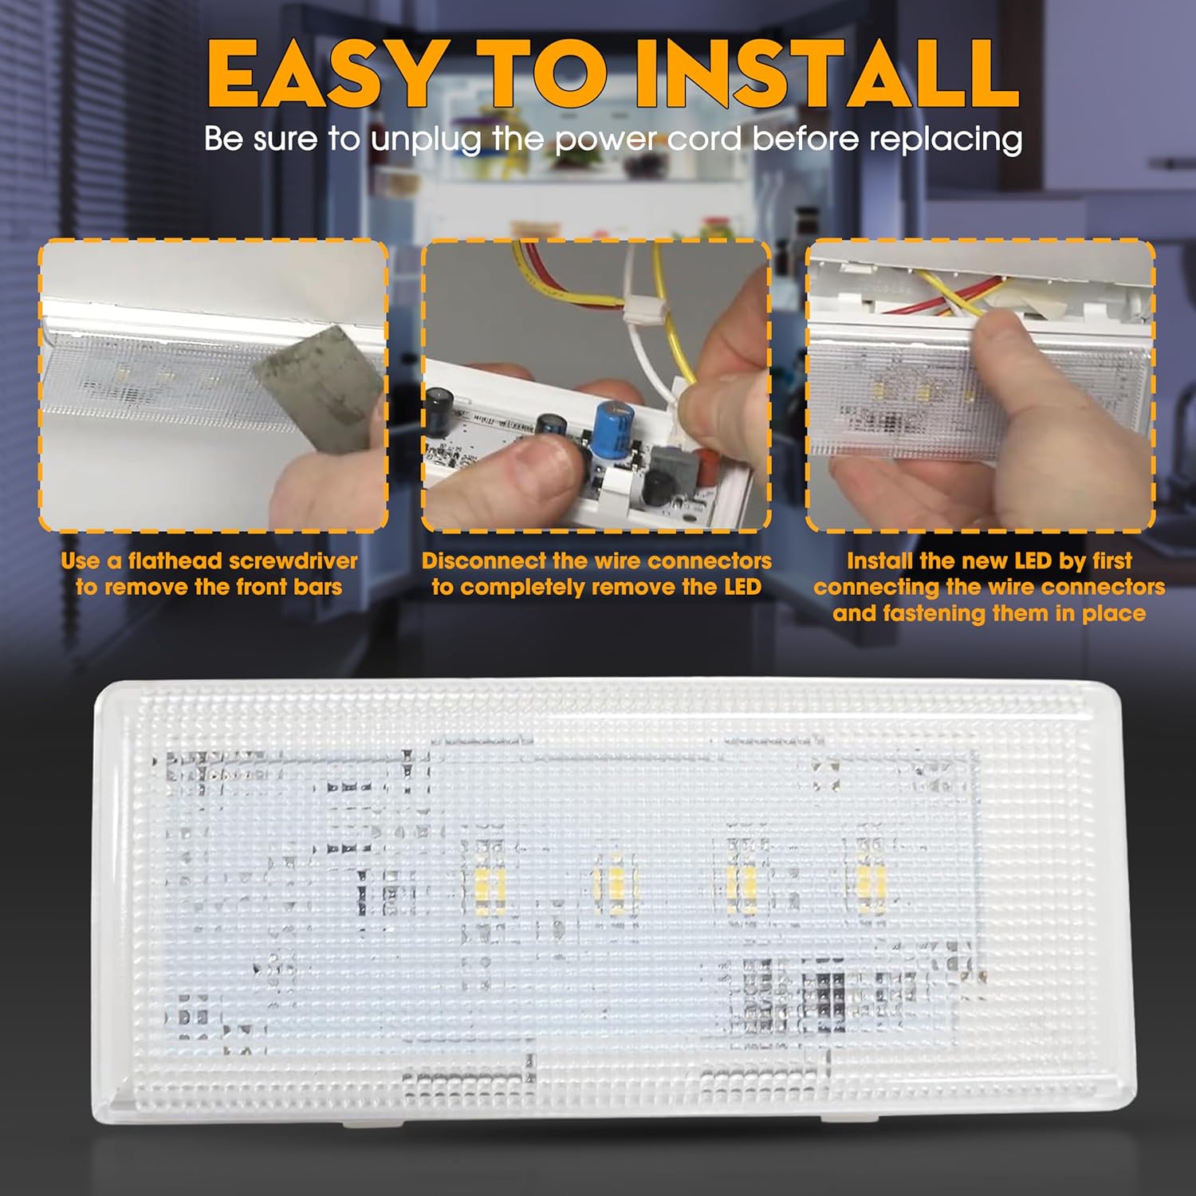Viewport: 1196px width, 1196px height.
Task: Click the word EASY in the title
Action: [x=325, y=73]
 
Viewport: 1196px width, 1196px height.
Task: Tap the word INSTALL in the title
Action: [x=826, y=73]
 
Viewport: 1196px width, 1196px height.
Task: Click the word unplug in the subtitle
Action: [x=426, y=140]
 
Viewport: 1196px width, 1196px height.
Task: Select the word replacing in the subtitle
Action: [x=945, y=140]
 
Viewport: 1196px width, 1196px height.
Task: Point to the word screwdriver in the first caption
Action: [x=293, y=561]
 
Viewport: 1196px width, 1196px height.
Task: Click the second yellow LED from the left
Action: [x=615, y=880]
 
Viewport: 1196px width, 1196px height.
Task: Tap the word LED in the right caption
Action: [x=1033, y=561]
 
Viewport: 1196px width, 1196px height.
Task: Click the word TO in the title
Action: [x=539, y=73]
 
